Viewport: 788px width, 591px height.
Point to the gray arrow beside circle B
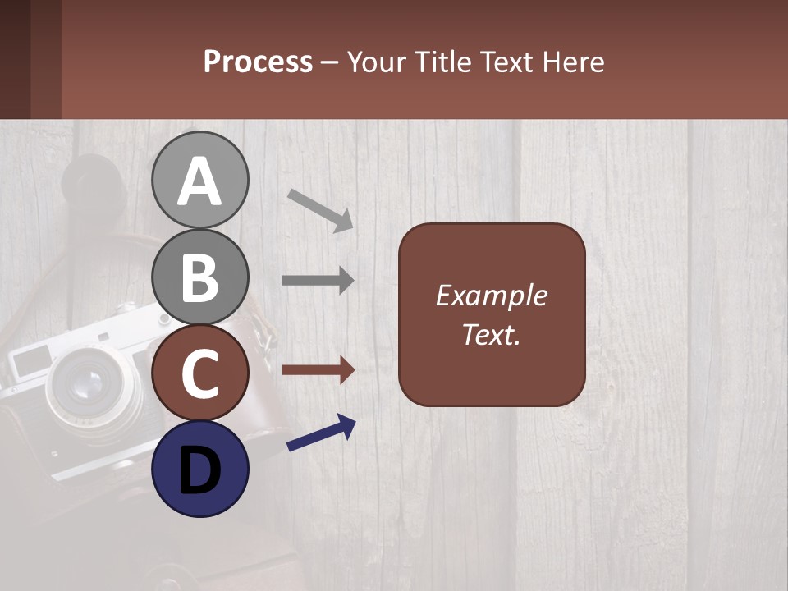pos(318,280)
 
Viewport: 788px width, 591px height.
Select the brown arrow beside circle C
pos(318,370)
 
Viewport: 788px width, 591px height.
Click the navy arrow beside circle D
pos(321,433)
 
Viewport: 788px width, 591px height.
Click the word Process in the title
pos(258,62)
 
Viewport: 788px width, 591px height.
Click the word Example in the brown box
pos(491,295)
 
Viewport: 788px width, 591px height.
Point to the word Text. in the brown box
pos(491,334)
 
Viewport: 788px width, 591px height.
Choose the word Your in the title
pos(375,62)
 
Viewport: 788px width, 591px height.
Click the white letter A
pos(199,181)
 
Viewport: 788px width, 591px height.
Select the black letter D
pos(199,471)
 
